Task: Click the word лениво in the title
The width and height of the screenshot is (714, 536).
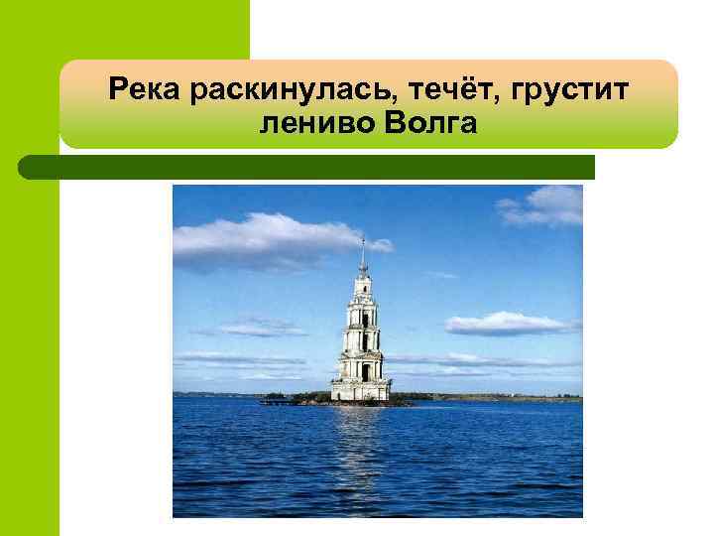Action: pos(311,126)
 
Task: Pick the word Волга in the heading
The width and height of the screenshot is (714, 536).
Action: pos(428,126)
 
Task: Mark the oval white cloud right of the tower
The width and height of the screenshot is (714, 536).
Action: pos(506,324)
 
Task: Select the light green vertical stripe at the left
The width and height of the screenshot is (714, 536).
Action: pos(30,347)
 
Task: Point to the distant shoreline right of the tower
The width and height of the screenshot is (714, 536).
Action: pos(496,397)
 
